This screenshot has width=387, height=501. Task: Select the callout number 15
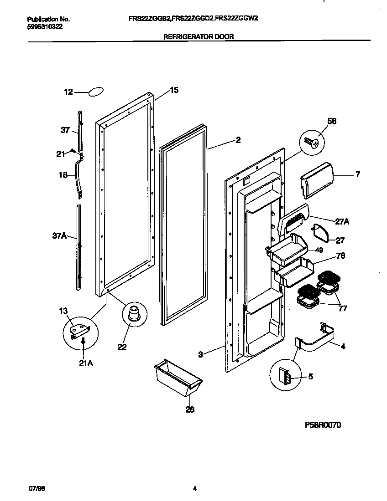point(174,90)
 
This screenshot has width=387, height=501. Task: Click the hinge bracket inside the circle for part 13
point(79,330)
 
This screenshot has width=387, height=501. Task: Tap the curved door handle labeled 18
point(81,175)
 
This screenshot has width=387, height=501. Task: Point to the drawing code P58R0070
point(323,425)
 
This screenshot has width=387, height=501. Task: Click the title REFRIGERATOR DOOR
point(199,37)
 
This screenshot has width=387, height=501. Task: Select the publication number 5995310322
point(45,27)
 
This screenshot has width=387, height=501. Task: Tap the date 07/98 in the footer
point(37,489)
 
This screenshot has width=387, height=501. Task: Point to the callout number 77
point(342,308)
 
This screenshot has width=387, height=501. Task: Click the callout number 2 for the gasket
point(238,140)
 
